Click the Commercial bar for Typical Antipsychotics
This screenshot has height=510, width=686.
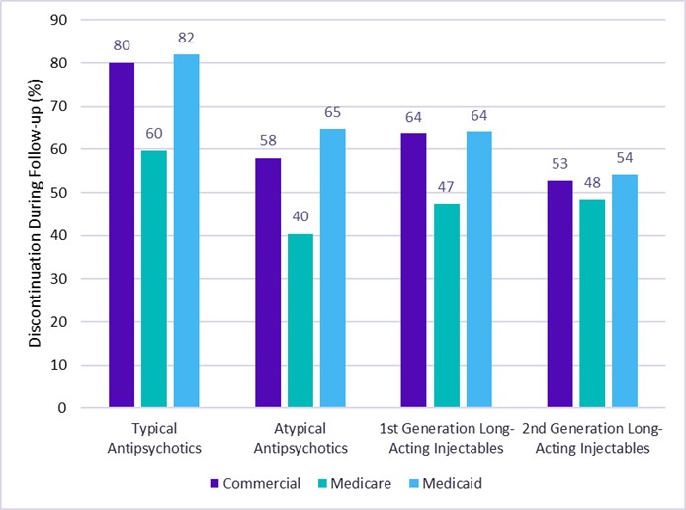click(x=122, y=235)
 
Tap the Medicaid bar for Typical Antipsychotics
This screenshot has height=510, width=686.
click(x=187, y=231)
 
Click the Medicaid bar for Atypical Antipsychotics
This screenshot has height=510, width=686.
click(x=333, y=268)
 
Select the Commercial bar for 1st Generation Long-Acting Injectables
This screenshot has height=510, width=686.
click(x=413, y=270)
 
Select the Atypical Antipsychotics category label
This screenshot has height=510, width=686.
click(x=300, y=438)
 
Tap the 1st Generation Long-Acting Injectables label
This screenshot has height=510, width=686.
click(x=446, y=438)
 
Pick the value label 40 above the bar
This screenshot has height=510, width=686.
click(x=300, y=216)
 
